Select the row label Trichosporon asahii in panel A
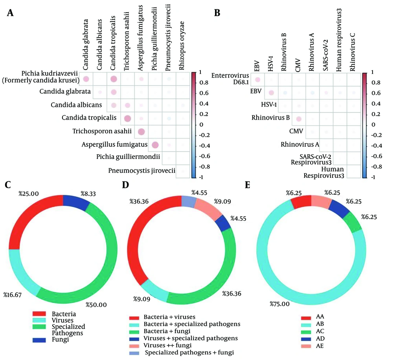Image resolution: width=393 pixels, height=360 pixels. point(105,131)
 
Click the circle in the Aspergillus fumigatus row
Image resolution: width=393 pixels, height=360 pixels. point(155,146)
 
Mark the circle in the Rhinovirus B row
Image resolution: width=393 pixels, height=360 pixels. point(299,119)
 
